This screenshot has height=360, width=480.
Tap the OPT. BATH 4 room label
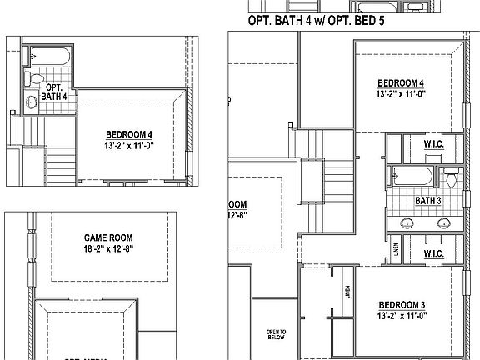(x=57, y=91)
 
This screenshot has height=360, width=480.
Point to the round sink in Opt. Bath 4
(x=32, y=102)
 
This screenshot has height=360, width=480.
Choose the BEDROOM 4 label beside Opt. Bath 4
(x=129, y=134)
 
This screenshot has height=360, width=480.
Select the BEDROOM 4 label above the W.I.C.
(x=401, y=83)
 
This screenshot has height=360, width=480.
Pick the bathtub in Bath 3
(x=412, y=176)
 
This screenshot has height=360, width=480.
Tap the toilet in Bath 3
(x=451, y=177)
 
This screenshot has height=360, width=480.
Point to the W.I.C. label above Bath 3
(x=433, y=143)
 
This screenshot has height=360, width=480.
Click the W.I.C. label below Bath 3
(x=433, y=252)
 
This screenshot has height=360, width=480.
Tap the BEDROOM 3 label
(x=401, y=304)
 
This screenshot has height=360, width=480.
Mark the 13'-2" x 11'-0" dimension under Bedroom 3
(x=401, y=316)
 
